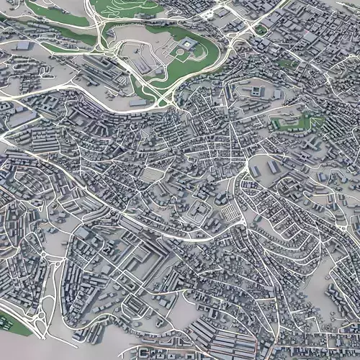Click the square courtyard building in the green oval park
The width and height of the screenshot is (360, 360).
click(x=188, y=45)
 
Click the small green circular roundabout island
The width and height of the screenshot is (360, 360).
click(x=42, y=253)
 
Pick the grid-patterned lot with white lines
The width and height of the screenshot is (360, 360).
click(x=228, y=213)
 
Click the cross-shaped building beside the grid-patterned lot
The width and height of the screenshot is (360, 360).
click(x=196, y=210)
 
